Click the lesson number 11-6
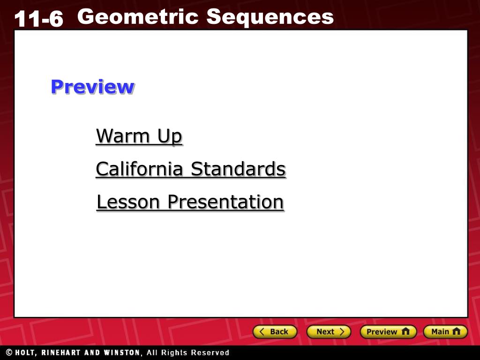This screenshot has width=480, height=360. (38, 18)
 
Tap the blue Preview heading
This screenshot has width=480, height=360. (92, 87)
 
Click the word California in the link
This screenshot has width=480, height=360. (140, 169)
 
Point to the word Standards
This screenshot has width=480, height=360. (239, 169)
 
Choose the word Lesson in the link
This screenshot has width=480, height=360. (128, 202)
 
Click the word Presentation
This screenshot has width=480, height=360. (226, 202)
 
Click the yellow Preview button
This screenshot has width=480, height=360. (388, 332)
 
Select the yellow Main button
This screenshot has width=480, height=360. (445, 332)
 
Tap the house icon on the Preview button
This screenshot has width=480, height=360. (405, 331)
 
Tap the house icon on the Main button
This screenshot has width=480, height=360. (456, 331)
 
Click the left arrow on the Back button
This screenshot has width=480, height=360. (262, 331)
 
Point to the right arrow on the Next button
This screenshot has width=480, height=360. (342, 331)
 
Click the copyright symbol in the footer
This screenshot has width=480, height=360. (9, 352)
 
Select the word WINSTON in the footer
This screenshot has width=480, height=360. (122, 352)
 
